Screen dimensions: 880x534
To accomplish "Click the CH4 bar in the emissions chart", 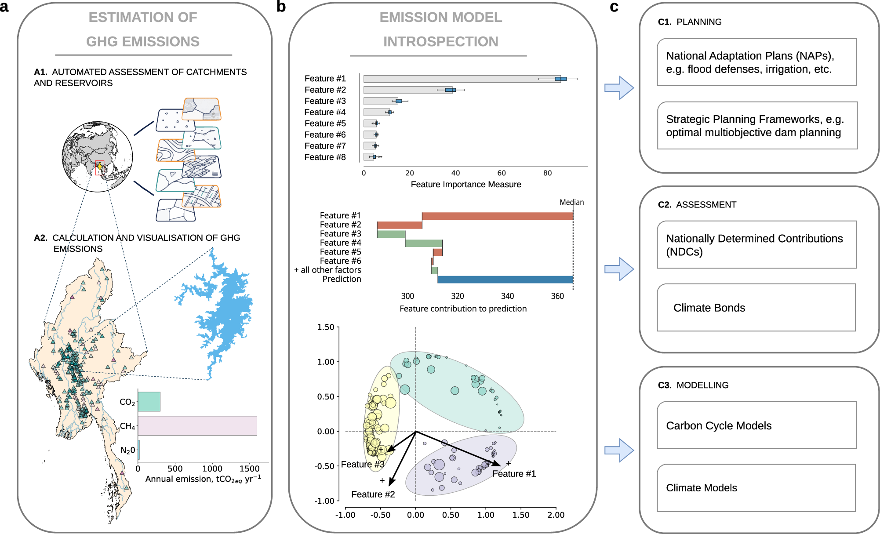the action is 197,425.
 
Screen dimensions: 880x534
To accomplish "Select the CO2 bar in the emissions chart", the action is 149,401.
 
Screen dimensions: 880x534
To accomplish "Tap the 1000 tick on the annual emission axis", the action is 212,469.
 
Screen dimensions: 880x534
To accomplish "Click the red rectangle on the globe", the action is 99,168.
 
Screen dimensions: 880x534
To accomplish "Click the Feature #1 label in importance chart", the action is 325,79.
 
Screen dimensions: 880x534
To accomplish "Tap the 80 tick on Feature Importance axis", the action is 547,173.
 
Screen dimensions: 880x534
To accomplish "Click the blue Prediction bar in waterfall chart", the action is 505,280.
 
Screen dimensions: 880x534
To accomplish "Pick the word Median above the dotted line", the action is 571,202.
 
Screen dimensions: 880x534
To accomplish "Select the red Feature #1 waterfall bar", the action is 497,216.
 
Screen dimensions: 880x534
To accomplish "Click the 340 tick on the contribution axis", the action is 507,296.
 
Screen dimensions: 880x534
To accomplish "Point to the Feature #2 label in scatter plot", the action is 373,494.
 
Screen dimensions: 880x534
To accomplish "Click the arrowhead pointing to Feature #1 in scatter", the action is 498,464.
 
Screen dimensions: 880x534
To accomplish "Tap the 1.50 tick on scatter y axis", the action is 326,327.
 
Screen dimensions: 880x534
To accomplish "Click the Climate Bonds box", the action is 756,308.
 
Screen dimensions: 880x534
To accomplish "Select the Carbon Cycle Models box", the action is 756,425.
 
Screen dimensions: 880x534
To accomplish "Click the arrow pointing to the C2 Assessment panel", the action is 619,269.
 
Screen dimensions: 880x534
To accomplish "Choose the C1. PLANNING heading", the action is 690,22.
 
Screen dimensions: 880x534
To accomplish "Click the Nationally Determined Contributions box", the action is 756,245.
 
